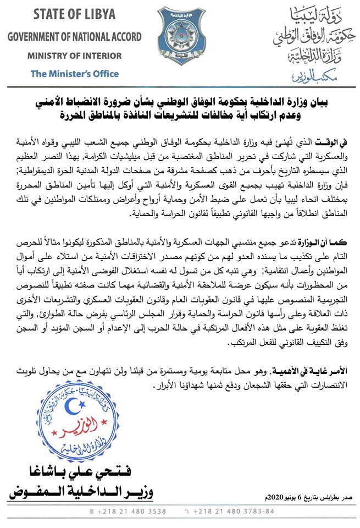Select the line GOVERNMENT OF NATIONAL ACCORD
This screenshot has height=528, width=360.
(74, 37)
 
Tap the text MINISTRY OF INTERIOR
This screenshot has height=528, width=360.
(74, 56)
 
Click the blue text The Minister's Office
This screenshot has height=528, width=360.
(74, 73)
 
